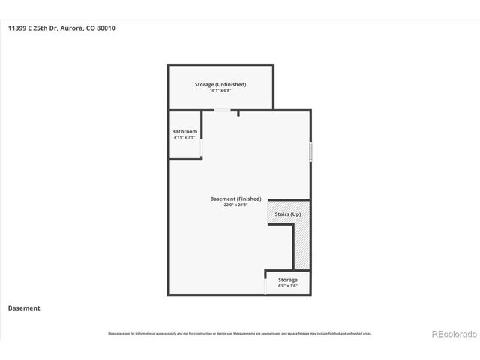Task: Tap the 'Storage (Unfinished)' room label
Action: click(x=220, y=84)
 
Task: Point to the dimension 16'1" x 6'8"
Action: click(x=220, y=91)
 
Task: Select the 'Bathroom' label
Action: click(x=184, y=131)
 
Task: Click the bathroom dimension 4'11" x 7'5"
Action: click(x=184, y=137)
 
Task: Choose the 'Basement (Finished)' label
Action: click(x=235, y=199)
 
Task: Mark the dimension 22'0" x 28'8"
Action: click(x=235, y=205)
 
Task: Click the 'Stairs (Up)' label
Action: click(x=287, y=214)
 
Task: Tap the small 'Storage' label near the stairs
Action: click(x=287, y=280)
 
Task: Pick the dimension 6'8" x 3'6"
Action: click(x=287, y=286)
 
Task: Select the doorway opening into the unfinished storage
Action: click(x=222, y=110)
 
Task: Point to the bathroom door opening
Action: click(x=201, y=148)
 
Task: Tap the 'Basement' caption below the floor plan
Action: click(x=24, y=307)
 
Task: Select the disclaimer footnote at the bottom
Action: click(x=240, y=333)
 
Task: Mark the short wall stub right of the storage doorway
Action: click(x=238, y=113)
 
